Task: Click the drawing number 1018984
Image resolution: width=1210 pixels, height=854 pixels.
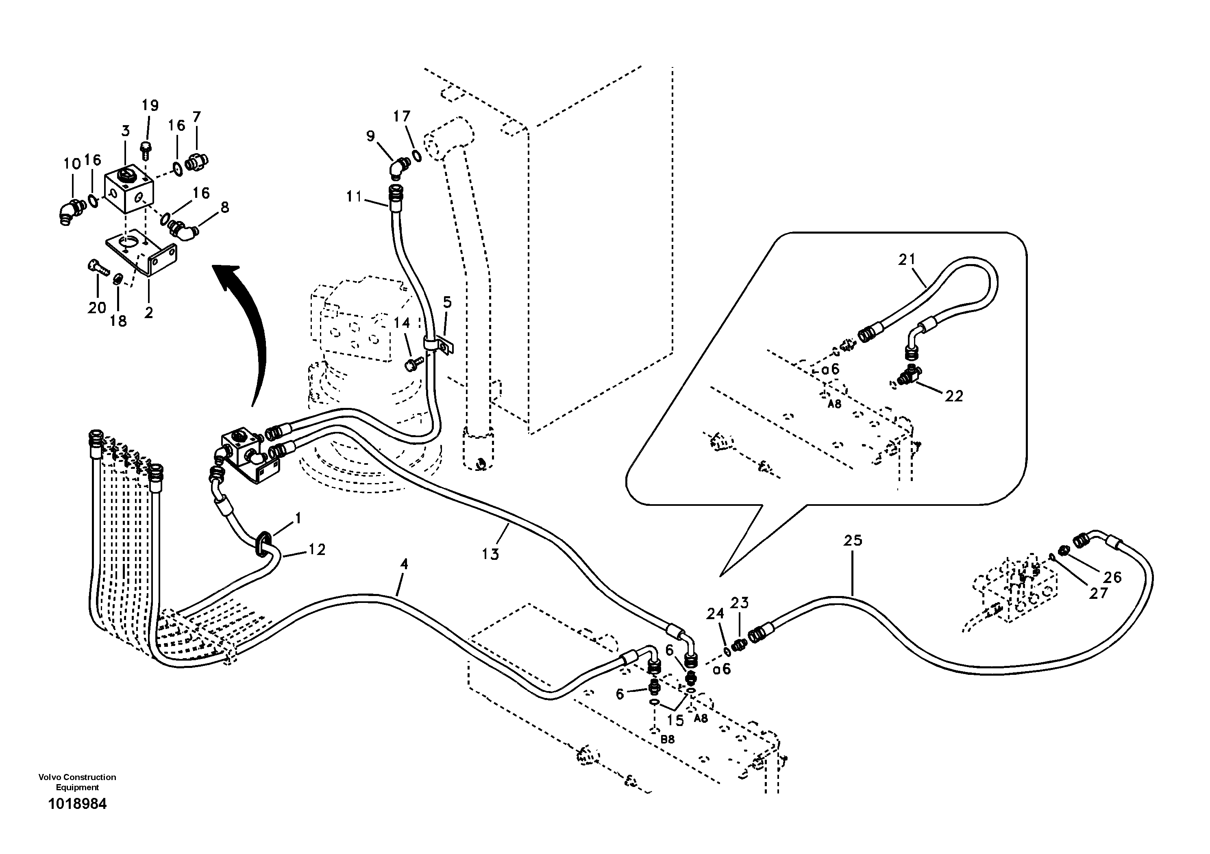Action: pyautogui.click(x=77, y=819)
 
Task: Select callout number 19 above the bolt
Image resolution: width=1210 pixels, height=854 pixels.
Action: pyautogui.click(x=150, y=105)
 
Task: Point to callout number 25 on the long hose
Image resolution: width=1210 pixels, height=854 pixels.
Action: pyautogui.click(x=853, y=540)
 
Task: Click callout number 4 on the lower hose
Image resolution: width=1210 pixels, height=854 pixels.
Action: pyautogui.click(x=404, y=564)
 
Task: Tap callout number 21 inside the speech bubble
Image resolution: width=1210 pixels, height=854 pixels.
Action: pyautogui.click(x=907, y=259)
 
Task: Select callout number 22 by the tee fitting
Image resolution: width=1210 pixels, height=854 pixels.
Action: pyautogui.click(x=954, y=396)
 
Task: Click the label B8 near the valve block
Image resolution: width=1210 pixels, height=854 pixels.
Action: pyautogui.click(x=667, y=739)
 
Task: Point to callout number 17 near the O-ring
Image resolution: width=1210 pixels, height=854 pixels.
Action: pyautogui.click(x=402, y=116)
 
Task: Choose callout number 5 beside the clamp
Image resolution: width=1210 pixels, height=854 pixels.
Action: pyautogui.click(x=447, y=302)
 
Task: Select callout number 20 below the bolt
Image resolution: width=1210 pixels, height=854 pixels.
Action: pyautogui.click(x=97, y=308)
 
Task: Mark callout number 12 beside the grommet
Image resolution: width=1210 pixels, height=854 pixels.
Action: pyautogui.click(x=317, y=550)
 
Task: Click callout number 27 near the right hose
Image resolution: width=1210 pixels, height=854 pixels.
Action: pyautogui.click(x=1099, y=594)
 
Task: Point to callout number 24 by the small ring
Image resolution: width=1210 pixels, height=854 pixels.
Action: pyautogui.click(x=715, y=613)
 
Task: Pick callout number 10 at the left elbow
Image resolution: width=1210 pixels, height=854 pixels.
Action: pyautogui.click(x=72, y=164)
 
